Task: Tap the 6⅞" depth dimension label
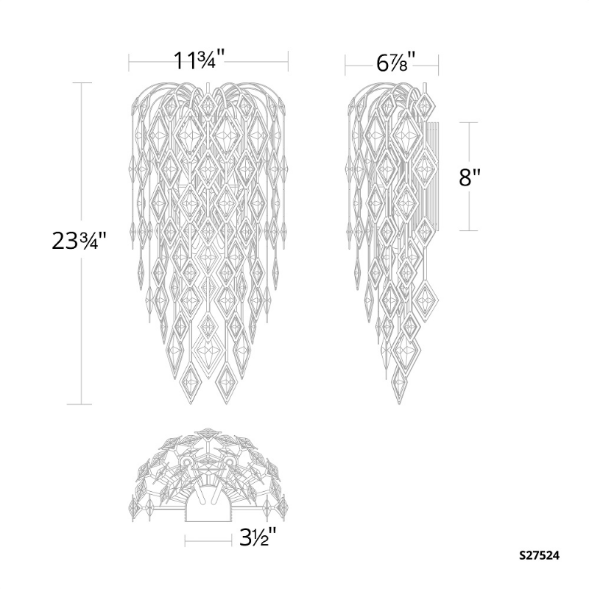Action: [396, 63]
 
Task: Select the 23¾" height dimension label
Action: [80, 241]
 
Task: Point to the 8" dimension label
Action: [470, 177]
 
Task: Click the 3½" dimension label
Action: [258, 537]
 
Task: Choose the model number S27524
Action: [540, 556]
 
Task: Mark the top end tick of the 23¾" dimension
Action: [82, 82]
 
